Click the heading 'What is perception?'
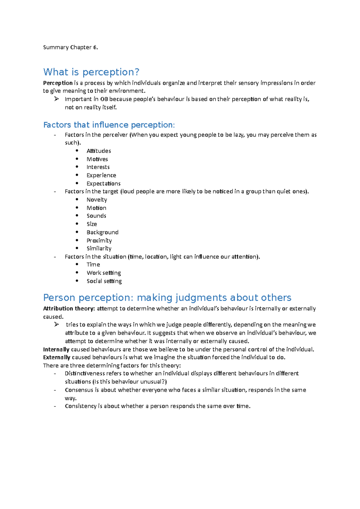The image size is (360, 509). pos(91,72)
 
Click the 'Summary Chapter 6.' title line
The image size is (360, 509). pos(70,47)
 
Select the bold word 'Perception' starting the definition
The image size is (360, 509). pos(58,83)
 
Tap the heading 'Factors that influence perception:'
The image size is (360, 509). pos(109,125)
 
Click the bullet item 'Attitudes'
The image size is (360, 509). pos(99,151)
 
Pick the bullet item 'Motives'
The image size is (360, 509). pos(97,159)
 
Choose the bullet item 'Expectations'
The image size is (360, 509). pos(103,183)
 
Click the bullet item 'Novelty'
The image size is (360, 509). pos(97,200)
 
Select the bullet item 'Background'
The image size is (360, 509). pos(102,232)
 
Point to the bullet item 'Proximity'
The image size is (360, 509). pos(99,240)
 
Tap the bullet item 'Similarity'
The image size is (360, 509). pos(99,249)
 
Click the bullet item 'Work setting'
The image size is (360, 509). pos(103,273)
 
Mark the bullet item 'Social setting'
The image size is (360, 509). pos(104,281)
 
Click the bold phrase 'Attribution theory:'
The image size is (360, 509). pos(69,308)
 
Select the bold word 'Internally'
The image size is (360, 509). pos(56,350)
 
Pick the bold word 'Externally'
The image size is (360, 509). pos(56,357)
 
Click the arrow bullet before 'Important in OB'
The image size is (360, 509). pos(56,99)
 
